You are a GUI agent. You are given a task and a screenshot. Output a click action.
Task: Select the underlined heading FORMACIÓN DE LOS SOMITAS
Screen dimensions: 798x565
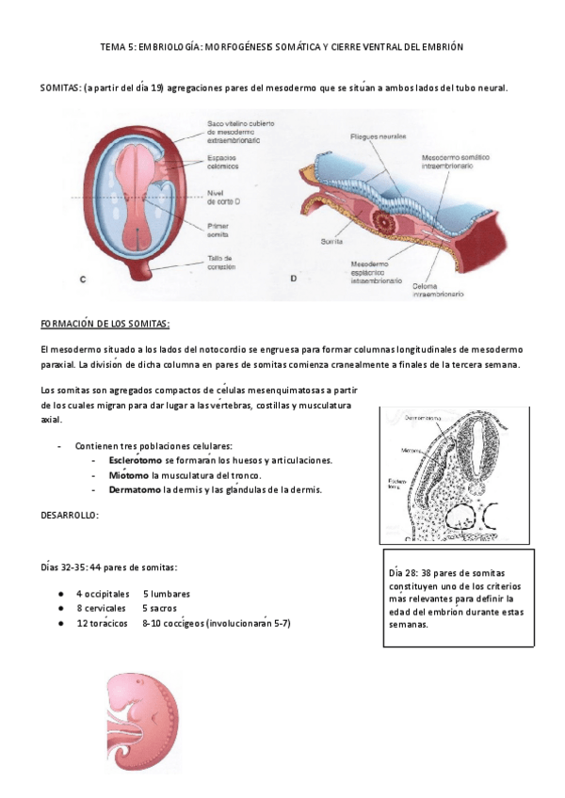tap(105, 325)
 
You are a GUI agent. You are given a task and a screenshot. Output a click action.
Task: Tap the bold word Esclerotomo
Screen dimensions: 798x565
tap(135, 460)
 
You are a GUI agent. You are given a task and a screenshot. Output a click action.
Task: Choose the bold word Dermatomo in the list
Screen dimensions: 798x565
tap(134, 489)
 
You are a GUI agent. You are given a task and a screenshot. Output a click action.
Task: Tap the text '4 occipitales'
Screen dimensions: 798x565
tap(105, 594)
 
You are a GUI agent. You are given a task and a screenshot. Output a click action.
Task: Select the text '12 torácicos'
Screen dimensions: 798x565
tap(102, 623)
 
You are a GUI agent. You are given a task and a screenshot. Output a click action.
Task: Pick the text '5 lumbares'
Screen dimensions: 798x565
tap(167, 594)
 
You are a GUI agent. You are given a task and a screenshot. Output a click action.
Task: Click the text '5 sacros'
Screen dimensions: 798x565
tap(162, 609)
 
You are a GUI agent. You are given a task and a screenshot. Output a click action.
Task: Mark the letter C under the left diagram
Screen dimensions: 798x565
tap(84, 279)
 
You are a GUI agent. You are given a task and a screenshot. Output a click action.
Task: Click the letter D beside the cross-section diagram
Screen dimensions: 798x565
tap(293, 279)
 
